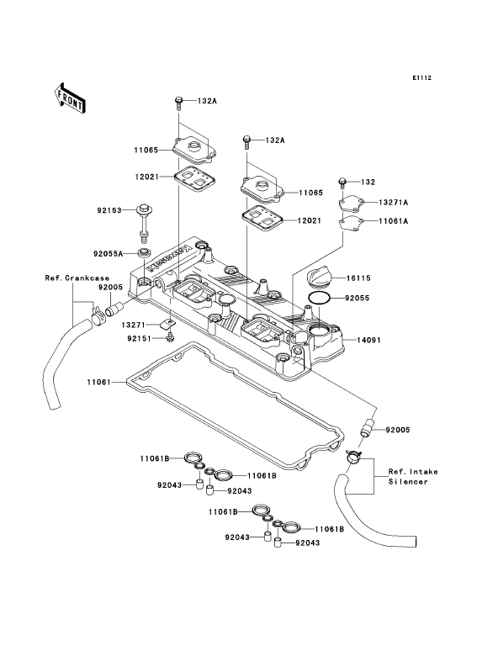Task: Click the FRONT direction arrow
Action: coord(70,98)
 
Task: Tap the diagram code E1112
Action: coord(422,77)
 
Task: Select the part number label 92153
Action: coord(109,210)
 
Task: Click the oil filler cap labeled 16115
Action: coord(318,278)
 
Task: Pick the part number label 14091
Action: coord(368,340)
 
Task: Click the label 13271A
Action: coord(394,203)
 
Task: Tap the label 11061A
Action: coord(394,221)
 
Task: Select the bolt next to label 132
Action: coord(342,183)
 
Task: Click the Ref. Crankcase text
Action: coord(77,278)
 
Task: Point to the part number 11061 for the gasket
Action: coord(99,382)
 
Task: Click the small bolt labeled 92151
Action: coord(170,337)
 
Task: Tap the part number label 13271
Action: coord(134,324)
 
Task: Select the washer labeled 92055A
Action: coord(144,252)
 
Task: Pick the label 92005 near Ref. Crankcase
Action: coord(110,288)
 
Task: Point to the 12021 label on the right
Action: coord(309,220)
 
